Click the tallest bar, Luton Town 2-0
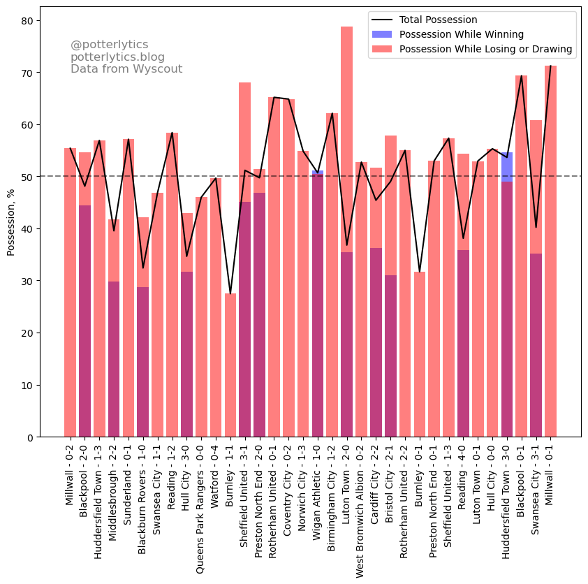click(x=346, y=231)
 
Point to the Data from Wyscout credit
click(x=126, y=69)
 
